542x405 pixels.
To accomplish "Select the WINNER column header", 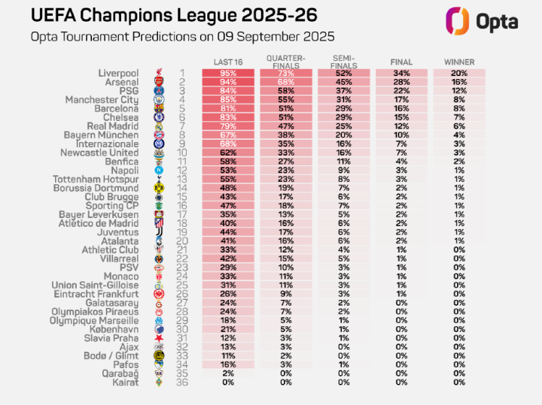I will coord(458,62).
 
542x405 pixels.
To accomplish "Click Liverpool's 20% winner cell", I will coord(458,73).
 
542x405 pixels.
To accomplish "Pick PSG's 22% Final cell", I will coord(401,91).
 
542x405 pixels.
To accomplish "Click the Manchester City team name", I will coord(102,100).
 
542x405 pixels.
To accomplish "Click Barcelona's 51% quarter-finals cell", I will coord(284,108).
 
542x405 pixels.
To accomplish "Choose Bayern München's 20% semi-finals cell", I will coord(343,135).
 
